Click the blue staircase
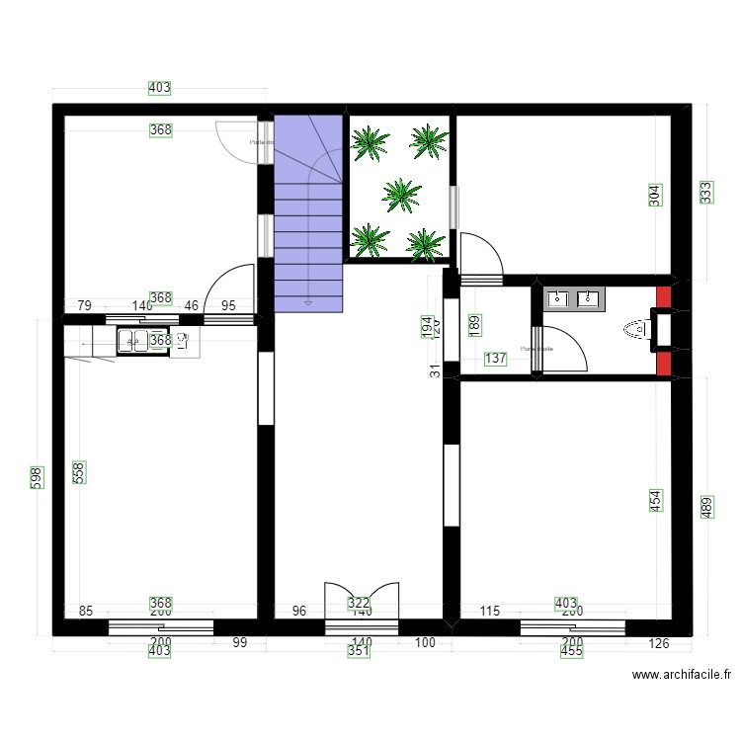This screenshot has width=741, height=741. tap(308, 212)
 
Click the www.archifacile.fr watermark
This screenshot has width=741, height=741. tap(682, 676)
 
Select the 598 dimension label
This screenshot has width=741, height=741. tap(36, 481)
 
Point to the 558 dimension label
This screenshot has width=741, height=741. tap(79, 474)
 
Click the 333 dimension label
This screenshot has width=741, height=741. tap(705, 192)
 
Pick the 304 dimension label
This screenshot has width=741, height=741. tap(655, 196)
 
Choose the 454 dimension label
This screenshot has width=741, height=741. tap(655, 501)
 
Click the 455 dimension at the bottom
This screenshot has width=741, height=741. tap(571, 651)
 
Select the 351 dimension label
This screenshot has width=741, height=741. tap(359, 651)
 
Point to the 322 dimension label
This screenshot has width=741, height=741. tap(359, 602)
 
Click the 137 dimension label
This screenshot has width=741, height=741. tap(495, 360)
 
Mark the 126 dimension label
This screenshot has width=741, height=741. tap(659, 644)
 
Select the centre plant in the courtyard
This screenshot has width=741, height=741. tap(400, 194)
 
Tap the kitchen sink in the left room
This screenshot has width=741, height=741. tap(131, 341)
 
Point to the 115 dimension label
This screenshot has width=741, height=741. tap(489, 612)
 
